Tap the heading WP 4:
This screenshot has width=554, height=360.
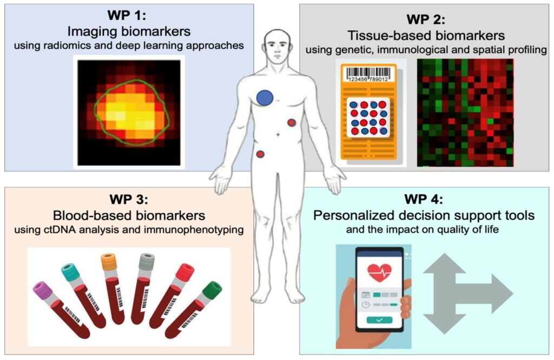(x=424, y=199)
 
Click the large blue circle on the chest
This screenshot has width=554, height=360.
(x=265, y=97)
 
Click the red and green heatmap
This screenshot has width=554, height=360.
(x=465, y=112)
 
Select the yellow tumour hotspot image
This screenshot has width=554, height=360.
(x=129, y=112)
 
